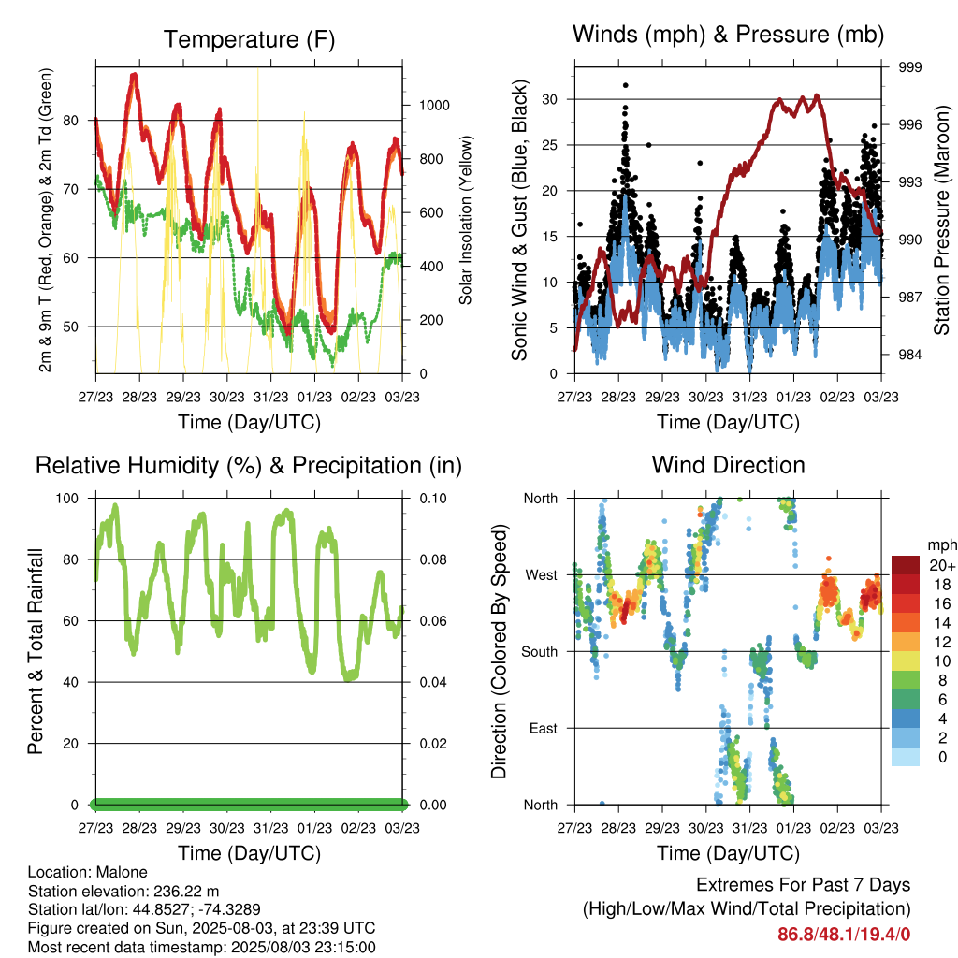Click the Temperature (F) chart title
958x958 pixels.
249,39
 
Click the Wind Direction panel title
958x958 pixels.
728,465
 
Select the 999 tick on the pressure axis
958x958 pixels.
909,67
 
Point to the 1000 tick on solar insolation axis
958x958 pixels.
434,105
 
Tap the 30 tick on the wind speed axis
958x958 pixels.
549,99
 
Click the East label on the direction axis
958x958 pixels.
544,728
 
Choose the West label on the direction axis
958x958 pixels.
542,575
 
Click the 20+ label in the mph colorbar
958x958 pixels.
942,565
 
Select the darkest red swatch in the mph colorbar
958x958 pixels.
906,565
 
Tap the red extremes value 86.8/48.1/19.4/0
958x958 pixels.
844,935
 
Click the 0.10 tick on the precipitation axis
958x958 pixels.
433,499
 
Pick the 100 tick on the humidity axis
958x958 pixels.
67,499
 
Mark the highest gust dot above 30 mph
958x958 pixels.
626,85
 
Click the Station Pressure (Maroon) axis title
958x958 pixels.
941,220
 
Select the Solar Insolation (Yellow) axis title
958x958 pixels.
466,220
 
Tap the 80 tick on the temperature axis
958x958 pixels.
71,121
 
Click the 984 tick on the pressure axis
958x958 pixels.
909,355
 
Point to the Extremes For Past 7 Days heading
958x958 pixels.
804,885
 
